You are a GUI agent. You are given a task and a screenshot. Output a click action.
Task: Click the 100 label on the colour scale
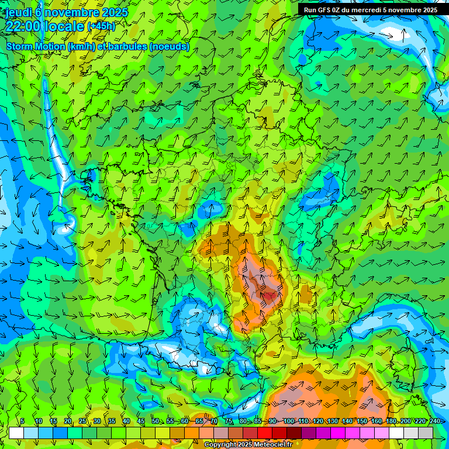[289, 421]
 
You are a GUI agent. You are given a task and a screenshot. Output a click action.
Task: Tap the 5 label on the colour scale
[22, 421]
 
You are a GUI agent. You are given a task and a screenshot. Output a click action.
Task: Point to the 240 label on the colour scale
[435, 421]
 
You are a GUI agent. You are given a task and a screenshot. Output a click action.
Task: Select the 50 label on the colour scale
[156, 421]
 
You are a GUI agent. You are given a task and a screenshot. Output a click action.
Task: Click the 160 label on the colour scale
[377, 421]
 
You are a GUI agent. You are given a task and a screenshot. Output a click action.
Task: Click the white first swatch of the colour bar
[16, 433]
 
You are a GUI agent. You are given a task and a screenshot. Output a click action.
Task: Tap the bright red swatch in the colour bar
[265, 433]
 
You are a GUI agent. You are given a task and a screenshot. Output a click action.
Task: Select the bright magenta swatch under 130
[338, 433]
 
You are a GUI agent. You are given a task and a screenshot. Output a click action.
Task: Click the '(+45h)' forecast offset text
[101, 26]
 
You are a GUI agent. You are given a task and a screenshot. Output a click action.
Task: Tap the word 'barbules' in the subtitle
[130, 47]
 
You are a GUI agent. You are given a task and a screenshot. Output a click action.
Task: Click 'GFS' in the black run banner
[326, 10]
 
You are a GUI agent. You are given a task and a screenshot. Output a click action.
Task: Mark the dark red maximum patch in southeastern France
[269, 296]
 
